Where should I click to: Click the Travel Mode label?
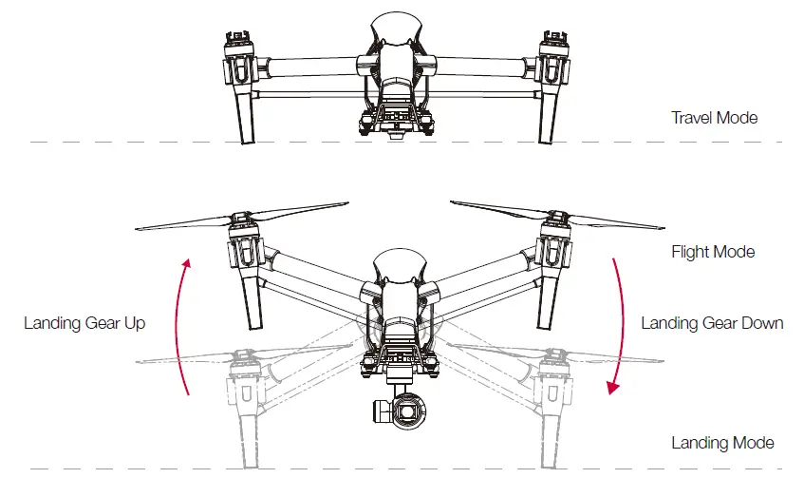pos(714,118)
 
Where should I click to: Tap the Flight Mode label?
pos(712,252)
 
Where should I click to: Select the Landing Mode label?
pos(722,443)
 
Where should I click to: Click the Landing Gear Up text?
pos(84,323)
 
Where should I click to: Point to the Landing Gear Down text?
pos(712,323)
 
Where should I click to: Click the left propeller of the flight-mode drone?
pos(190,219)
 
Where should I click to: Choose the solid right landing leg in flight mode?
pos(548,299)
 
